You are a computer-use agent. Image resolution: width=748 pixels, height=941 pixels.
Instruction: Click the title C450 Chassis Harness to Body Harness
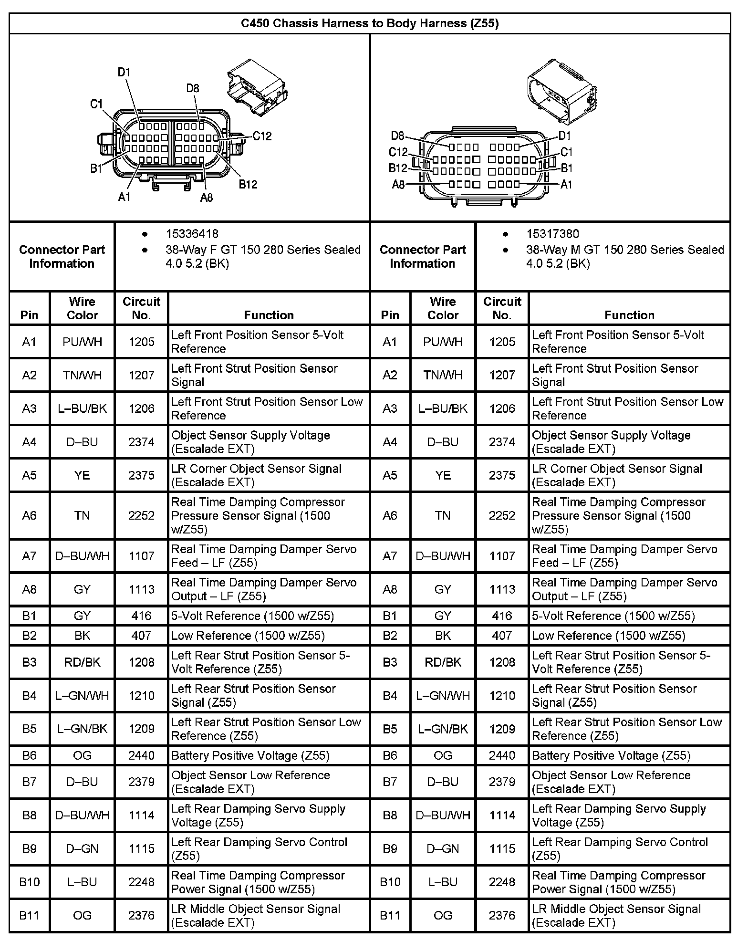coord(370,23)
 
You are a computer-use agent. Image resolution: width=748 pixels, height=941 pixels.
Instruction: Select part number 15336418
coord(192,234)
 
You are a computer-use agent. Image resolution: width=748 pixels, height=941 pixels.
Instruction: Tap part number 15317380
coord(552,234)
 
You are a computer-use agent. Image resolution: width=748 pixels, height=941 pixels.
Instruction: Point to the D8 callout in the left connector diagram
coord(193,88)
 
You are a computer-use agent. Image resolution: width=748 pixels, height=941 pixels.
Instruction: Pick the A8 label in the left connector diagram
coord(206,197)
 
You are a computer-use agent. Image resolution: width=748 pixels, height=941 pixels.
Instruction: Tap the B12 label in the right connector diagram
coord(398,168)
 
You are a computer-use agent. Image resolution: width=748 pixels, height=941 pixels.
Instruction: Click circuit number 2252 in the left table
coord(141,515)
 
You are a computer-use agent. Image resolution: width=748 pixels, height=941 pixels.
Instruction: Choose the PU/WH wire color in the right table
coord(443,342)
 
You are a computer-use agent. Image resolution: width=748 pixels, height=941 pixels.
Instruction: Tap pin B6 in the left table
coord(29,755)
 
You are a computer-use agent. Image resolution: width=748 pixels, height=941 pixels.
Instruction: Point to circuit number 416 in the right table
coord(502,616)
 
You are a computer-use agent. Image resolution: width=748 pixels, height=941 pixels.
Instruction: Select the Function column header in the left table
coord(269,315)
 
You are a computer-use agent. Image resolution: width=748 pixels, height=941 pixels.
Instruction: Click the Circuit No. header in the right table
coord(502,308)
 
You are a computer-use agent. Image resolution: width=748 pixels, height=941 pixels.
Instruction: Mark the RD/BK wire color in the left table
coord(82,662)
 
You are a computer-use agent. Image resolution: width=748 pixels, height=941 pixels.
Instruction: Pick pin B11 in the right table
coord(390,915)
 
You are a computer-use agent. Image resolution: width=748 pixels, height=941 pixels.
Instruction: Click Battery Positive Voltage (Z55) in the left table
coord(250,755)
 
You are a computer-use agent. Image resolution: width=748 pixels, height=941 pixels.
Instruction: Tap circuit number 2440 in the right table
coord(502,755)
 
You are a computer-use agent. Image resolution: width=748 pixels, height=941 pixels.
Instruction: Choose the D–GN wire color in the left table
coord(82,848)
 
